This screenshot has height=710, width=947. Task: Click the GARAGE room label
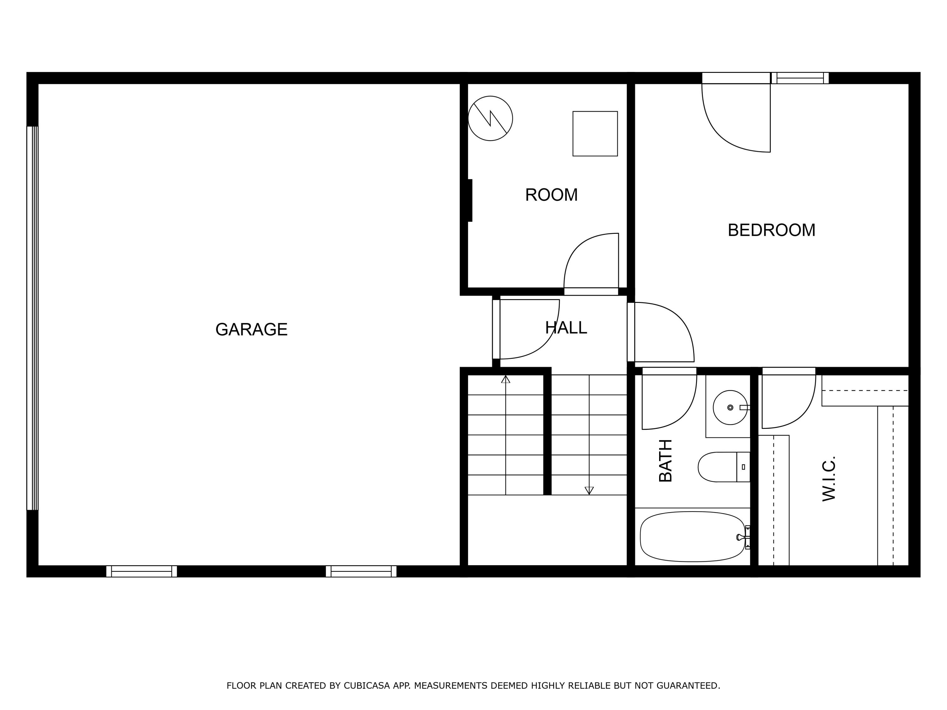coord(251,329)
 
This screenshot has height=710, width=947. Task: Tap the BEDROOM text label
coord(771,230)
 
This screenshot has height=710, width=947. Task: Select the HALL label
coord(566,328)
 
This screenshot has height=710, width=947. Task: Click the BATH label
coord(666,460)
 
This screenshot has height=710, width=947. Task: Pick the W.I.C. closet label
coord(829,478)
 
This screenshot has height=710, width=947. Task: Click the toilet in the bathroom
coord(724,467)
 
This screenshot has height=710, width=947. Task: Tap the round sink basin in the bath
coord(730,407)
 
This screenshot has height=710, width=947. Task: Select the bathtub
coord(692,537)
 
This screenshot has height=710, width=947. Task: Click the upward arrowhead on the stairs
coord(506,379)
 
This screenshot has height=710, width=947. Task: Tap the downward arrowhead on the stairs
coord(589,490)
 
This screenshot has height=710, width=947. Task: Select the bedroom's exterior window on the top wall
coord(800,78)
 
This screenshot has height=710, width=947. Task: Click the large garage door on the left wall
coord(33,318)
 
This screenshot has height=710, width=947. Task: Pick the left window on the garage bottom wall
coord(141,571)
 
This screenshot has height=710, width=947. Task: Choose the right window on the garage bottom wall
coord(361,571)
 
